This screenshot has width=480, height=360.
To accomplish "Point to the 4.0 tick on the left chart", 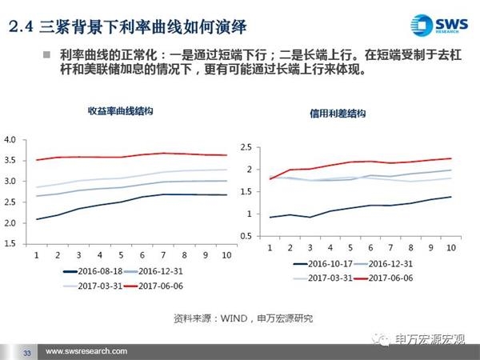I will [x=10, y=140].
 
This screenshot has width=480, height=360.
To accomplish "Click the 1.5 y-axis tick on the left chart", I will [x=10, y=243].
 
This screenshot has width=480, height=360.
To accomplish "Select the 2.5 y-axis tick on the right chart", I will [x=246, y=147].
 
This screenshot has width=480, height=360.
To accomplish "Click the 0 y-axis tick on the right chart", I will [x=250, y=236].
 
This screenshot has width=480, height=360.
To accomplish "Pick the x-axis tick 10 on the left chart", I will [x=226, y=254].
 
